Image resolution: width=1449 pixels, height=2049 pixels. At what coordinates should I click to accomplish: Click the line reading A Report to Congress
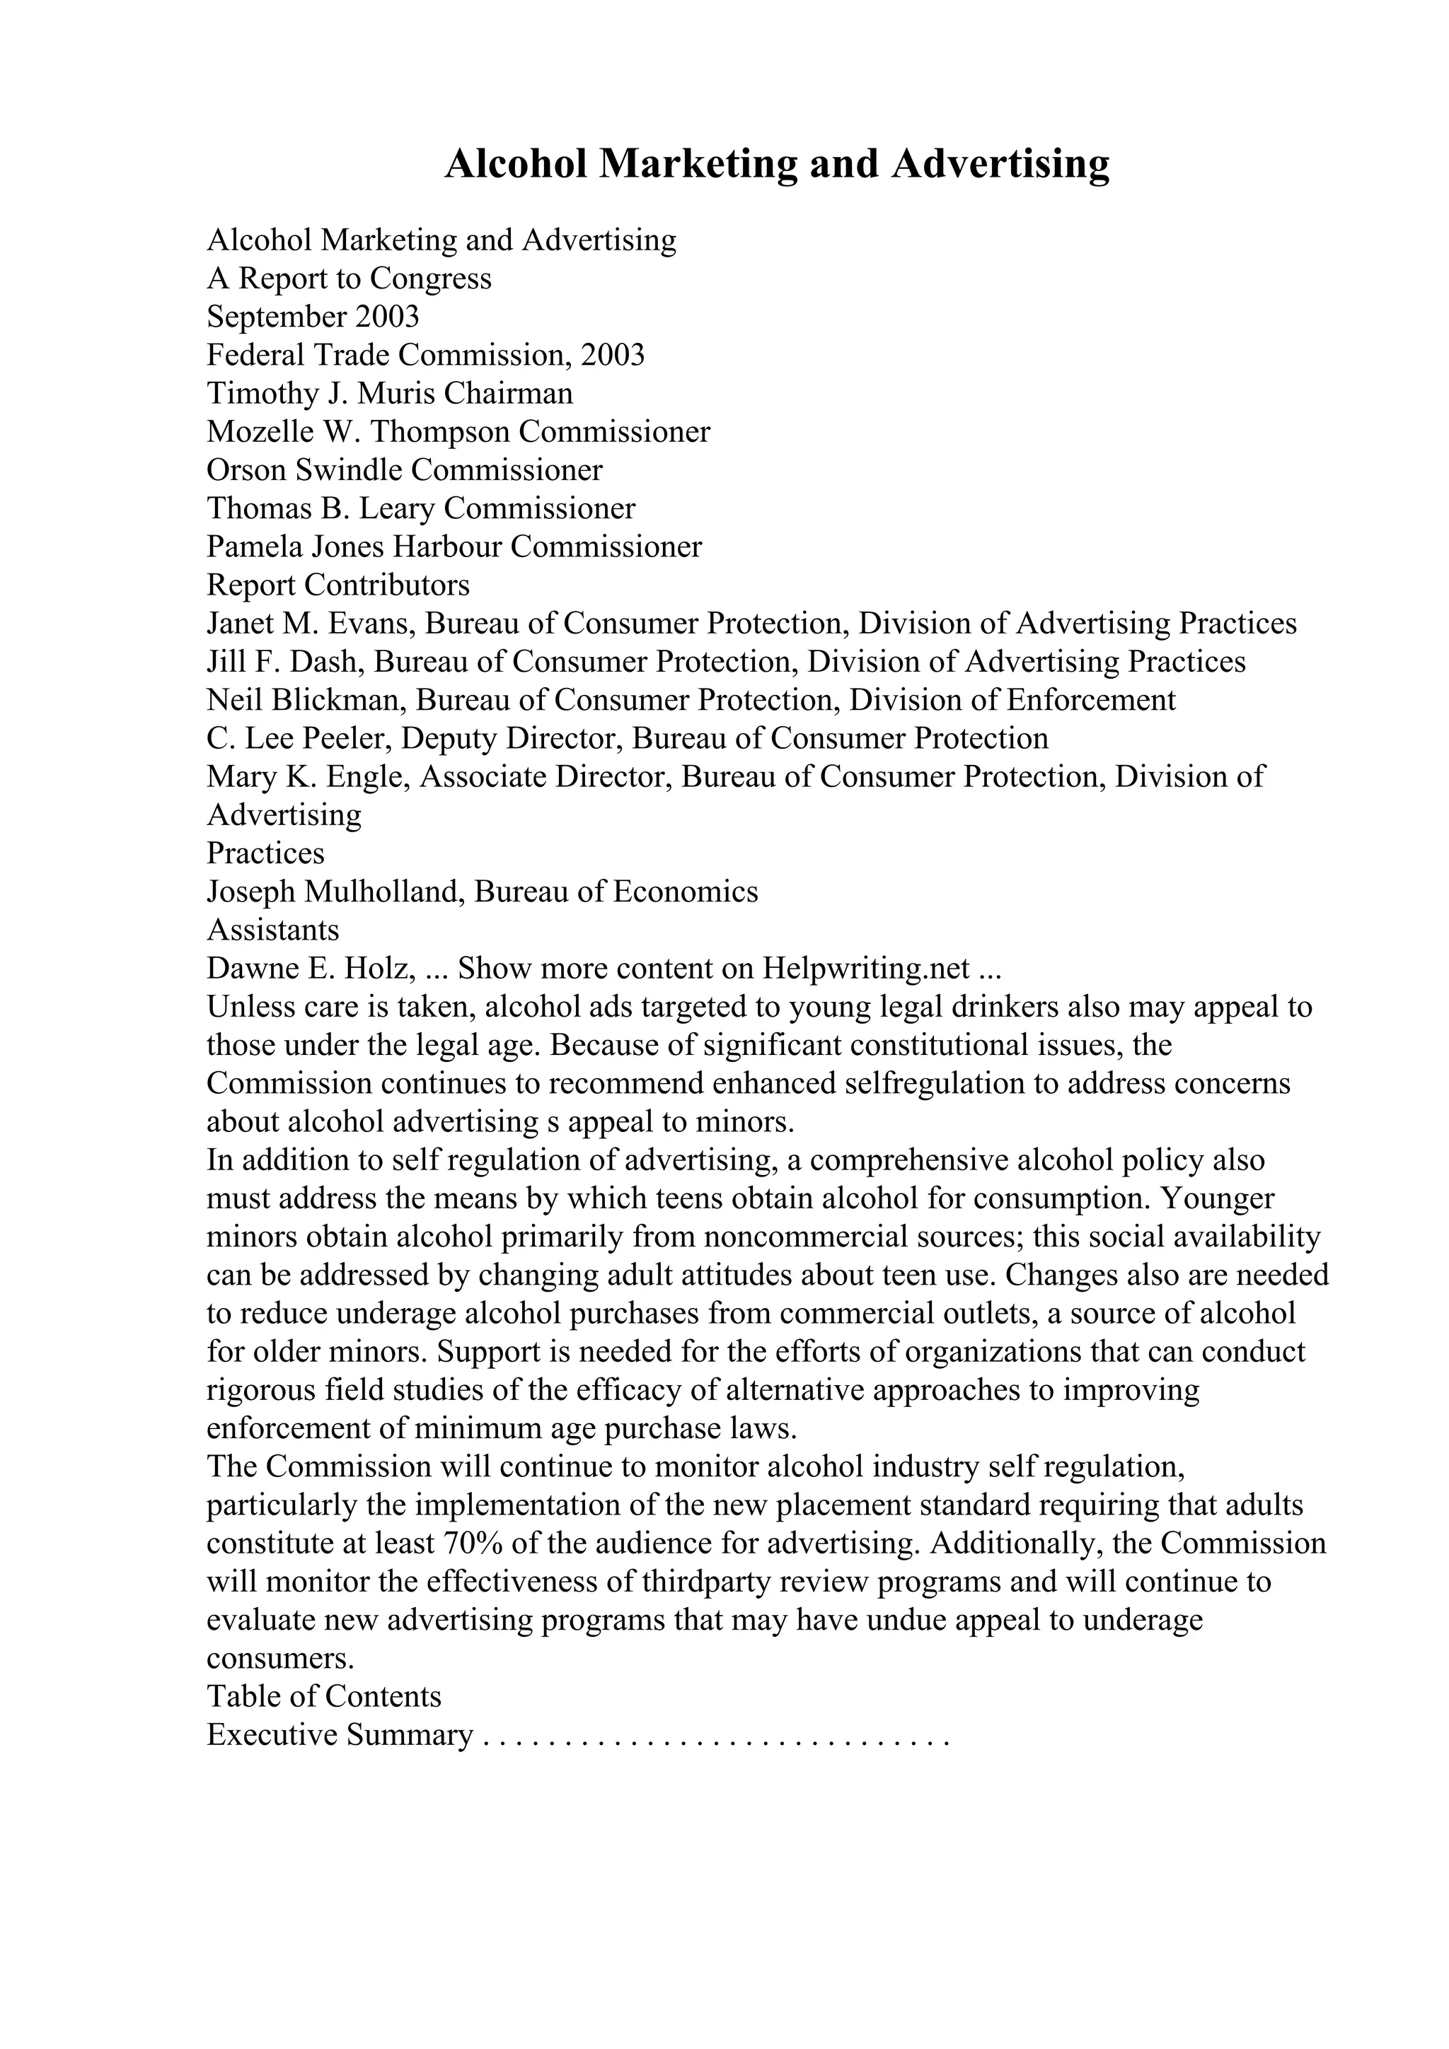pos(349,279)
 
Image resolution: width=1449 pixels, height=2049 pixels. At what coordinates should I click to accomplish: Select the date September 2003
pos(313,317)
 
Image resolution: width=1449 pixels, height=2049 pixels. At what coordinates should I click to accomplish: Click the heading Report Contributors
pos(338,585)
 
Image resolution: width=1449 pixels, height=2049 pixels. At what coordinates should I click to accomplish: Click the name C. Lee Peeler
pos(299,739)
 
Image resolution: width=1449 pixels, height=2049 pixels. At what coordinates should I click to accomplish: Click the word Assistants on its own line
pos(273,930)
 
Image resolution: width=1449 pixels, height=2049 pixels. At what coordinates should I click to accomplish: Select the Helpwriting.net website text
pos(865,968)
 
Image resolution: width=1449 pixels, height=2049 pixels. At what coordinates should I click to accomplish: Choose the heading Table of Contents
pos(324,1696)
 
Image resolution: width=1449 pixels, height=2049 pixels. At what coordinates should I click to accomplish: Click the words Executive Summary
pos(340,1735)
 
